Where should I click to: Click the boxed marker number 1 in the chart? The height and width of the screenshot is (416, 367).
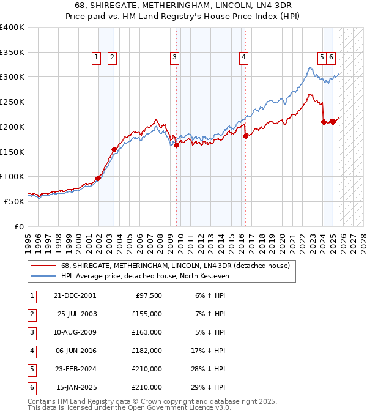click(x=97, y=58)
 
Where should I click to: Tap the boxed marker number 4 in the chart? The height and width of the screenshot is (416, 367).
click(x=243, y=58)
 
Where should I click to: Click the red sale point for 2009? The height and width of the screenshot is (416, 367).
click(x=176, y=146)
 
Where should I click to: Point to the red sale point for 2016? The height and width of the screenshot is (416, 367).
click(x=245, y=136)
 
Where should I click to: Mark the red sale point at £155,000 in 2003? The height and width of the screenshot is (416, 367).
click(x=114, y=149)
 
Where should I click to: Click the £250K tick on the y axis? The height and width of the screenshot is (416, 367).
click(x=12, y=102)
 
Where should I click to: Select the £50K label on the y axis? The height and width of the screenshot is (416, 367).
click(x=14, y=201)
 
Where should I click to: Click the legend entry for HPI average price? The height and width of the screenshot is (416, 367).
click(x=144, y=277)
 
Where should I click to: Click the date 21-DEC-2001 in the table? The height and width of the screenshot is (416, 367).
click(x=75, y=295)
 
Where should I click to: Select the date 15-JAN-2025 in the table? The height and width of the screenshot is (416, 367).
click(x=76, y=387)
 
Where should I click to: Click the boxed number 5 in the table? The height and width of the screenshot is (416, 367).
click(x=31, y=369)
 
